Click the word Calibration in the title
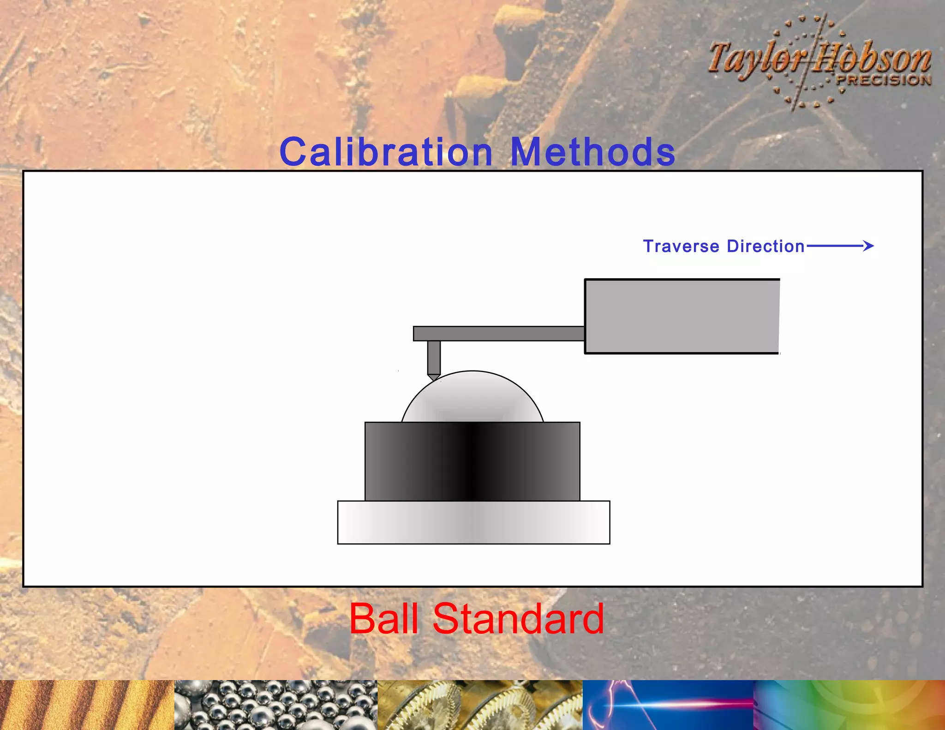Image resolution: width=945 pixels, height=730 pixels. (386, 152)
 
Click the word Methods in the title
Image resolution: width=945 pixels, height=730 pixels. (593, 152)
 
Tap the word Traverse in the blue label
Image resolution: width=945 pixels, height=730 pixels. (681, 246)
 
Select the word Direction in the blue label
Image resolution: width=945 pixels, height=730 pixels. (766, 246)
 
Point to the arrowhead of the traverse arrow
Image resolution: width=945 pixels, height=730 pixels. (869, 246)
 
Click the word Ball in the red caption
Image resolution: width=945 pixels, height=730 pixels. (384, 619)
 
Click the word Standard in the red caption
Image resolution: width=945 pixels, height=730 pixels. (518, 619)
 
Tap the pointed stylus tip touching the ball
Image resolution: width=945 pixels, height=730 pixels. (433, 377)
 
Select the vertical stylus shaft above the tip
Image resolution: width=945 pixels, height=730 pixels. (434, 357)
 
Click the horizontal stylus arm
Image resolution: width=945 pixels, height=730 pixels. (498, 333)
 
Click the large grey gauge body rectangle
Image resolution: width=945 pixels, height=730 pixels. (682, 317)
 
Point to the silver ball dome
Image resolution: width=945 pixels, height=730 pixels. (472, 398)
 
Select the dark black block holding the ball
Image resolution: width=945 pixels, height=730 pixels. (472, 461)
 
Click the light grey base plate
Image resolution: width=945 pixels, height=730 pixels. (473, 522)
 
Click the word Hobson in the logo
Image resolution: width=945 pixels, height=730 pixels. (872, 59)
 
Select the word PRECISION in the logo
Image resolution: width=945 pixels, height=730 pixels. (884, 80)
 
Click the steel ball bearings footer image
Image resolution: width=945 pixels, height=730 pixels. (275, 705)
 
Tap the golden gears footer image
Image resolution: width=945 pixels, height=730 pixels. (480, 705)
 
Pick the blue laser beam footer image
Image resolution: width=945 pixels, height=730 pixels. (668, 705)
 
